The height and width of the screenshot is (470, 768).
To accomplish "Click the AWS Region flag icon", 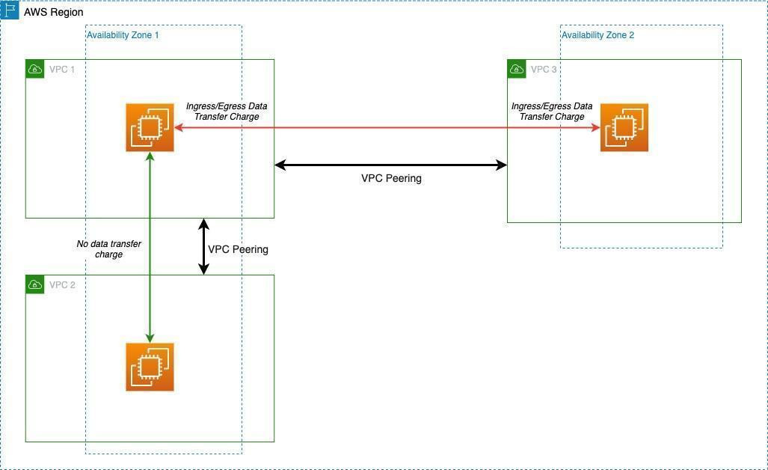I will point(10,11).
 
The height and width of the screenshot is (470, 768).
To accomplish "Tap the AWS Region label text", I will point(54,13).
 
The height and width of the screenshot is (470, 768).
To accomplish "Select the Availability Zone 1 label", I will point(123,35).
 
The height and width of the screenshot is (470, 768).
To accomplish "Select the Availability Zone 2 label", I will point(597,35).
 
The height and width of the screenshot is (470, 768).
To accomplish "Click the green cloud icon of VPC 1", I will point(34,69).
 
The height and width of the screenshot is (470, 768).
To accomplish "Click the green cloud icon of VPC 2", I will point(34,284).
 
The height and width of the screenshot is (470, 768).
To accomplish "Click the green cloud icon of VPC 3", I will point(516,69).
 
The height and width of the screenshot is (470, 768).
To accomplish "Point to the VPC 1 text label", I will point(62,70).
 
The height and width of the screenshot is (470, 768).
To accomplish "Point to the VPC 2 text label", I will point(62,285).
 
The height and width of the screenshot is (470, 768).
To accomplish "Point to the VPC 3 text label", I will point(544,70).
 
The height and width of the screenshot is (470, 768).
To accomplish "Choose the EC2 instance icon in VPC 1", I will point(150,128).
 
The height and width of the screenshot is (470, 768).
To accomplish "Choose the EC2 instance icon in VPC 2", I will point(150,367).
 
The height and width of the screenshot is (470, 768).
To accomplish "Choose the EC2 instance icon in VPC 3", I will point(624,128).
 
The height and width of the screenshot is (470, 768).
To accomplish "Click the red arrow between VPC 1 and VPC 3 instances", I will point(389,128).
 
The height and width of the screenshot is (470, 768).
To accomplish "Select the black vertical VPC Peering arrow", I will point(203,246).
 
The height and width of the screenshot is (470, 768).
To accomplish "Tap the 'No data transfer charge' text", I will point(109,249).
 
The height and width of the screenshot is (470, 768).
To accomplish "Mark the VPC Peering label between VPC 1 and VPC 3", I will point(391,179).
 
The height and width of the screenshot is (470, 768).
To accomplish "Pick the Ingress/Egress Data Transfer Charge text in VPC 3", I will point(552,112).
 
